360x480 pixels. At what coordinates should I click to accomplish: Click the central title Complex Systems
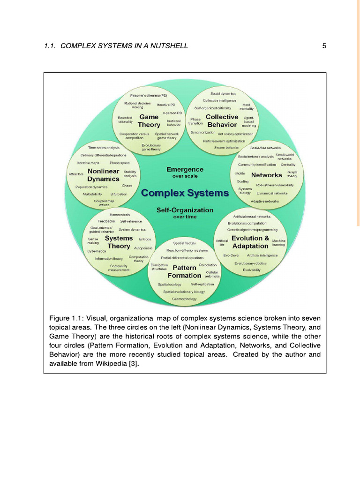tap(185, 193)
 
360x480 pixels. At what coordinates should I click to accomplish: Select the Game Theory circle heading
tap(149, 121)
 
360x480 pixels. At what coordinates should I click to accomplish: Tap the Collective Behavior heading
tap(222, 121)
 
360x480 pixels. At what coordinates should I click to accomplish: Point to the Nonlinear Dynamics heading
tap(103, 175)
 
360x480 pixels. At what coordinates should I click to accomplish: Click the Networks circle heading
tap(266, 175)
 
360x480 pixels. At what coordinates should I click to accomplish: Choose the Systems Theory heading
tap(119, 242)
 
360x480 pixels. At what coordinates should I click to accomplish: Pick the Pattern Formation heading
tap(184, 271)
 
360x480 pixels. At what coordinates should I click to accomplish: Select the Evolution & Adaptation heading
tap(250, 242)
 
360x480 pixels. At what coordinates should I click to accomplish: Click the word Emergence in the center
tap(185, 169)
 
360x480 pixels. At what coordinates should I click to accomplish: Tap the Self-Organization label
tap(185, 210)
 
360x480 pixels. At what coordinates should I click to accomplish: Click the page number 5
tap(324, 46)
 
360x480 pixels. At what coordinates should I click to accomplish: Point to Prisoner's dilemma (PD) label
tap(149, 96)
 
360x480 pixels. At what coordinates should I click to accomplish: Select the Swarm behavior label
tap(226, 147)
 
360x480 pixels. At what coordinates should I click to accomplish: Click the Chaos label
tap(127, 186)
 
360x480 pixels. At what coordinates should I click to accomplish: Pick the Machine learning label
tap(278, 242)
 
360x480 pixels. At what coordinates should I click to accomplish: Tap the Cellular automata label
tap(212, 274)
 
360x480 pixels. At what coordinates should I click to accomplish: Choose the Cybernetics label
tap(97, 251)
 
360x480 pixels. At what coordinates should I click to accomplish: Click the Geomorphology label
tap(184, 299)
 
